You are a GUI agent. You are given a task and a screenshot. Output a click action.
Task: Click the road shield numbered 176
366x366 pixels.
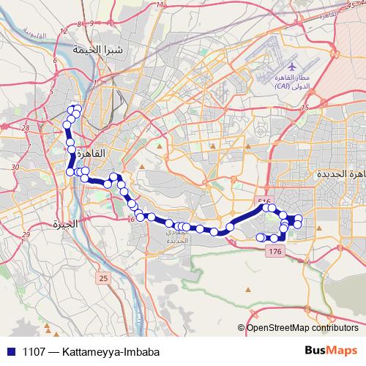[x=275, y=251]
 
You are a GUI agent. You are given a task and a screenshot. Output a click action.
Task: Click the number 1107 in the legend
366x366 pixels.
[x=31, y=351]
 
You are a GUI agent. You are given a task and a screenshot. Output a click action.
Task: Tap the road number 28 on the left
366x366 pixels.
[x=26, y=127]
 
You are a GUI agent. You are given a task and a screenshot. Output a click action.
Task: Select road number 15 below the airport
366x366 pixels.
[x=305, y=108]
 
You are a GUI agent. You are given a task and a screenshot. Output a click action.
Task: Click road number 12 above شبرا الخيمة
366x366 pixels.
[x=64, y=31]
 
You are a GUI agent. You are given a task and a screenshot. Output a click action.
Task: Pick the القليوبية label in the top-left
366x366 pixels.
[x=31, y=34]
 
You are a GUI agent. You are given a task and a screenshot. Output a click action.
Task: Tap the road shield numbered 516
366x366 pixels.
[x=265, y=201]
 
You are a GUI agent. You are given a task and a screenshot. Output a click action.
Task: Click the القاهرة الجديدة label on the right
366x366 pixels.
[x=341, y=175]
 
